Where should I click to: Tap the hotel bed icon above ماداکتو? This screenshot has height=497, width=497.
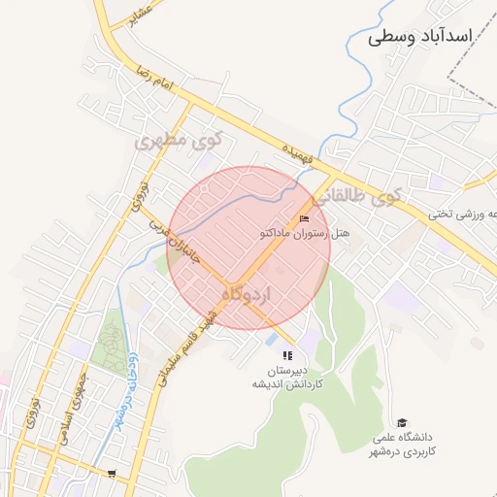point(304,217)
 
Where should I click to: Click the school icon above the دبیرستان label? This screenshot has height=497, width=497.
point(286,356)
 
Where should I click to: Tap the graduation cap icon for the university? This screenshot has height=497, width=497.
point(402,423)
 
